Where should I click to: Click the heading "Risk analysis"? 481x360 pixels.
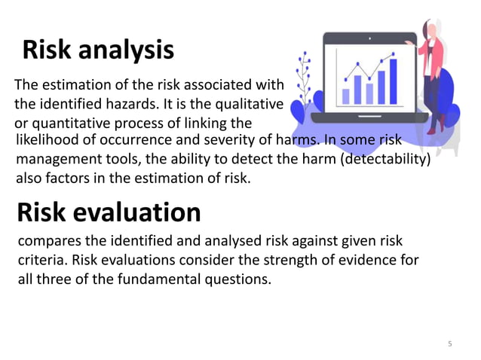pos(98,50)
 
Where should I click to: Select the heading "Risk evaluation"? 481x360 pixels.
pos(109,212)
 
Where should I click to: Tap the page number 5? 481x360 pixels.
pos(450,344)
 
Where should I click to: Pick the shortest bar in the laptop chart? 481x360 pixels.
pos(346,96)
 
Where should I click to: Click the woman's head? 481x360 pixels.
pos(431,29)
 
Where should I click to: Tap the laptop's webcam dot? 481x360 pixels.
pos(369,36)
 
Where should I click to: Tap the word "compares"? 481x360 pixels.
pos(47,242)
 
